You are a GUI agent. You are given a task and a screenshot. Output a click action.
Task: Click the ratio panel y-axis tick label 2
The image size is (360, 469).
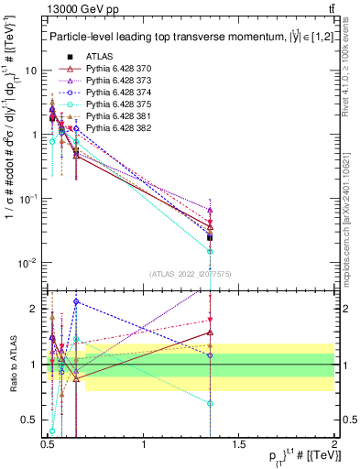click(35, 309)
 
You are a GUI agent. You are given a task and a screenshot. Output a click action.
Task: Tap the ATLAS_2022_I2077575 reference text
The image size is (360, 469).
click(190, 273)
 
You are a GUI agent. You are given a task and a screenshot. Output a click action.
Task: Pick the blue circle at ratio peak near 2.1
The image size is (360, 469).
click(76, 301)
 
